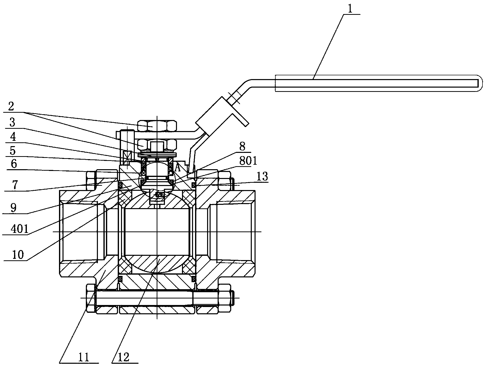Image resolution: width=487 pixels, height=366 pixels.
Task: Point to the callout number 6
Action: point(14,164)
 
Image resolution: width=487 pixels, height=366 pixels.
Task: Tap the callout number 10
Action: point(18,255)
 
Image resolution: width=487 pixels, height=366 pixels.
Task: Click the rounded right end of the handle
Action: point(479,83)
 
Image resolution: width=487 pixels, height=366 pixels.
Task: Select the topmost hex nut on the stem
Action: point(157,126)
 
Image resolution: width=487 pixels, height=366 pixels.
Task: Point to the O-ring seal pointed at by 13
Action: point(194,185)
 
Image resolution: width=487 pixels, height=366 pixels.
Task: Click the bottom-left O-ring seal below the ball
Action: point(120,278)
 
